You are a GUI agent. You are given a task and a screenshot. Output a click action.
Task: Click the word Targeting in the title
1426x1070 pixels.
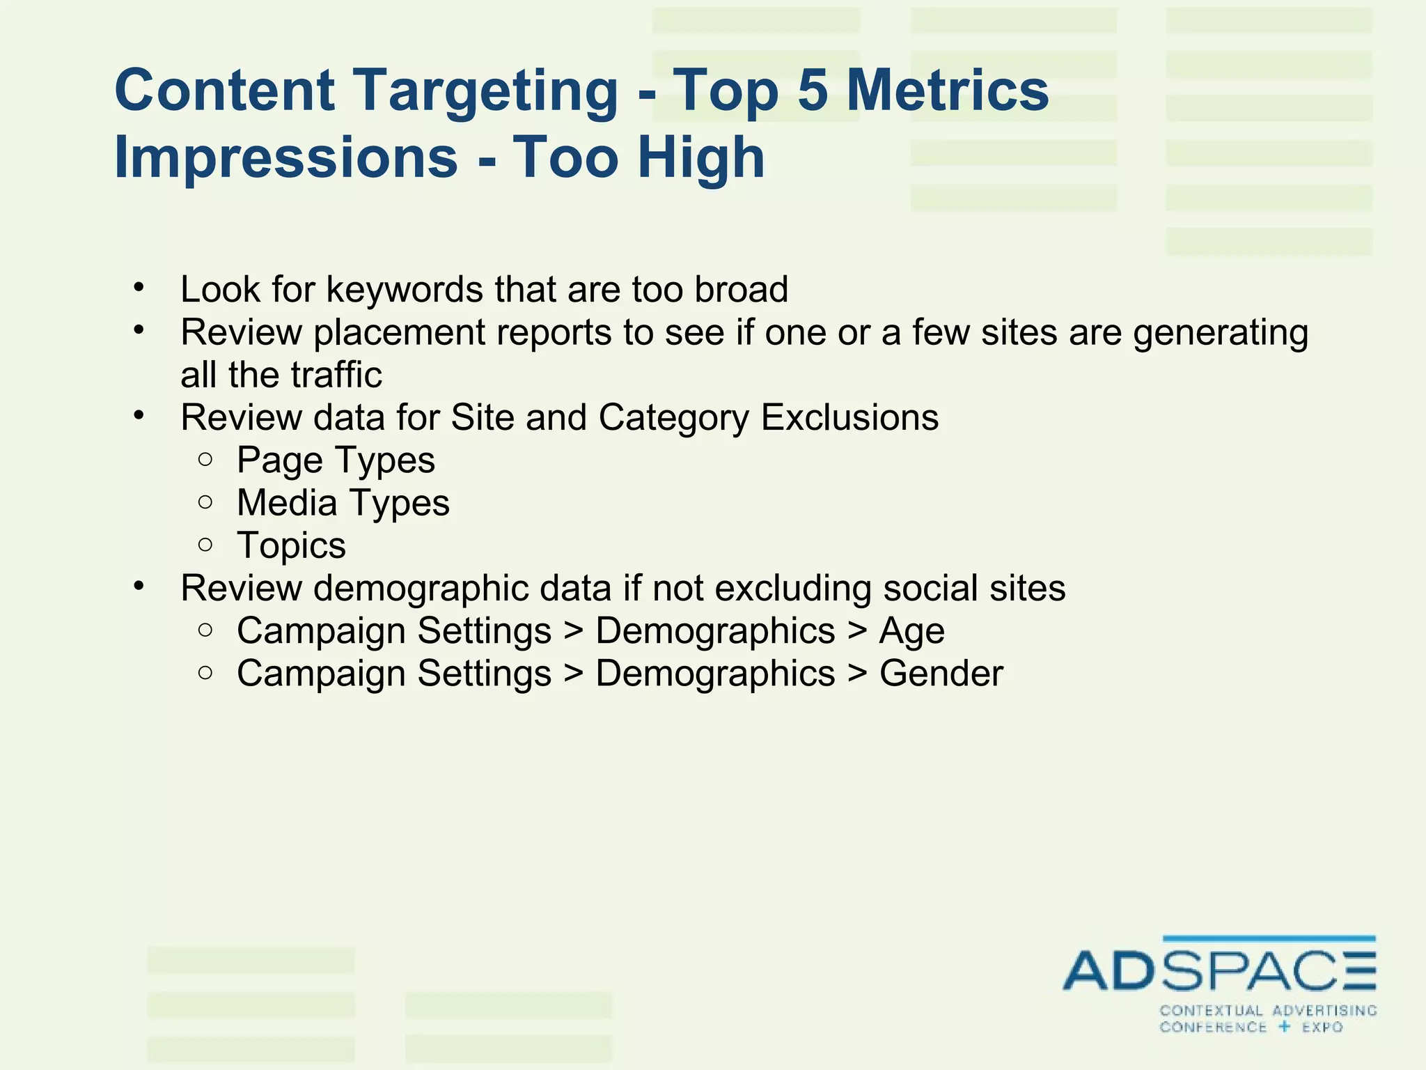[487, 92]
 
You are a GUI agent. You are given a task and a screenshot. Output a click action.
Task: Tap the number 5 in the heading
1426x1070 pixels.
[812, 91]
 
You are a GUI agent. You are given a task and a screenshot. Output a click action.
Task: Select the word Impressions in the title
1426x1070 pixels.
[285, 157]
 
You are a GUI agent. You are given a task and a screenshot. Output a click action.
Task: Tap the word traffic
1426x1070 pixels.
[336, 375]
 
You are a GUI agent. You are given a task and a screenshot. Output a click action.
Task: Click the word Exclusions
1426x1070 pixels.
[849, 418]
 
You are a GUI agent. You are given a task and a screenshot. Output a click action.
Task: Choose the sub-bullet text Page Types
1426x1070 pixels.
[336, 460]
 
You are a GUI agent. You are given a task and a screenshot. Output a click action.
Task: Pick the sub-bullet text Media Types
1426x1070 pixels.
[343, 503]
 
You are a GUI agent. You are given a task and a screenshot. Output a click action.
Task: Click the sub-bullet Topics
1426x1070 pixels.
[291, 545]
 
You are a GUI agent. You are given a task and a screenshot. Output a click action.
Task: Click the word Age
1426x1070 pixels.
[911, 632]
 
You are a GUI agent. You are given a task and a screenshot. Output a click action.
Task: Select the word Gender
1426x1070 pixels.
[941, 674]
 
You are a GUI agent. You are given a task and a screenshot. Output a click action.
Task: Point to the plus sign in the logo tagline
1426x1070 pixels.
[1285, 1026]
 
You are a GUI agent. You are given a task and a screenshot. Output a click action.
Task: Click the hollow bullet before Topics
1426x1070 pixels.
[205, 545]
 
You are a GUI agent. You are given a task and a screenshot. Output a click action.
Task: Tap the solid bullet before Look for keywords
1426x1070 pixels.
[139, 286]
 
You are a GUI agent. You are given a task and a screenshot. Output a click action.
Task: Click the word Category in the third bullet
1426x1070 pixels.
[673, 418]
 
